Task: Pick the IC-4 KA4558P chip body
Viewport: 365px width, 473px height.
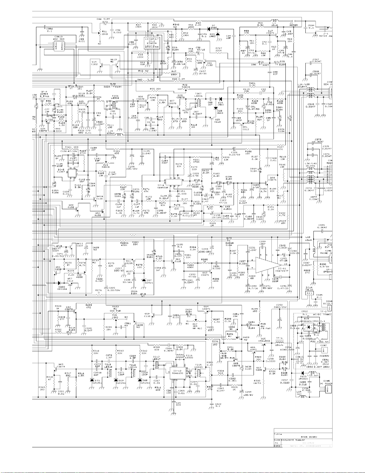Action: (x=172, y=182)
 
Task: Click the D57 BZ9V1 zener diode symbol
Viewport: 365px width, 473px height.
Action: (x=144, y=280)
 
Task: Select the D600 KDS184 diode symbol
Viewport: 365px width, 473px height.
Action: (x=59, y=283)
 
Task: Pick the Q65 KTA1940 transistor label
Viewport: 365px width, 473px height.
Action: (x=265, y=340)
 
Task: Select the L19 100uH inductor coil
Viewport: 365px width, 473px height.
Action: (x=119, y=134)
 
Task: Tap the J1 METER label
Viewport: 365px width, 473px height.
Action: (x=293, y=24)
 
